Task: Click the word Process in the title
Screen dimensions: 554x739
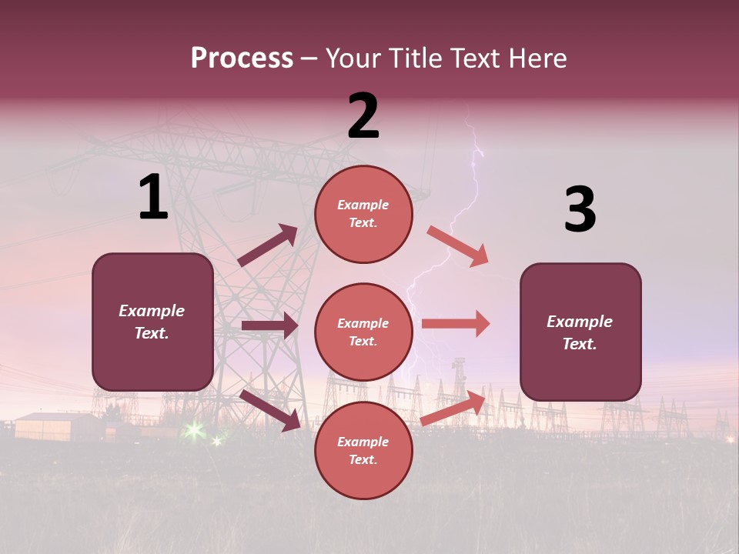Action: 242,58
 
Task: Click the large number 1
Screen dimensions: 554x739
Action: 153,198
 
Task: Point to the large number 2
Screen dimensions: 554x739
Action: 363,116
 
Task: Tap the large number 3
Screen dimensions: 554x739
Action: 580,210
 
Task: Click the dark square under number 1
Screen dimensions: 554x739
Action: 152,322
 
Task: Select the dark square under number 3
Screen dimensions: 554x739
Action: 580,332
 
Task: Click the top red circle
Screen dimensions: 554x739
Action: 363,214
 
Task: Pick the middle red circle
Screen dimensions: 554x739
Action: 363,332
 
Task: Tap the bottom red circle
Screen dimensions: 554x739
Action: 363,450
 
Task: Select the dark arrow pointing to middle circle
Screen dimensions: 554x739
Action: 269,325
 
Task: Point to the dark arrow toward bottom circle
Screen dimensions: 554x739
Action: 270,409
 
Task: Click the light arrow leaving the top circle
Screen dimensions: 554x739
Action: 457,246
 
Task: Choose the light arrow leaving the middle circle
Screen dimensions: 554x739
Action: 456,323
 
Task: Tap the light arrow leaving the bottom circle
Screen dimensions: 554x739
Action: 453,409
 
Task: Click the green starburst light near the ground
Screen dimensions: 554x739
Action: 193,431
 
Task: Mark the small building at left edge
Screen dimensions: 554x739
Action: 48,426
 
